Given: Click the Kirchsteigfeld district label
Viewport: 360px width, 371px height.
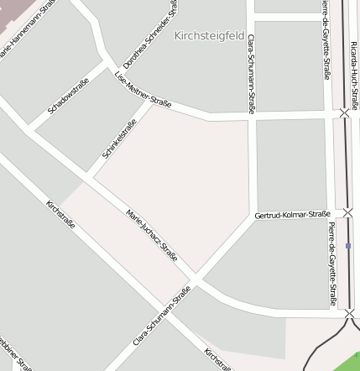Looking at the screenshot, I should (210, 36).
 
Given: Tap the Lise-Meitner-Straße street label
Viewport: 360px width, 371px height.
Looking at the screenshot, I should (143, 90).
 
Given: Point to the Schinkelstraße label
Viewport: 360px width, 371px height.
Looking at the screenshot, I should (119, 139).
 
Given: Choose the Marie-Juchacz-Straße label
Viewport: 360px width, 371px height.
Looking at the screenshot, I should (152, 235).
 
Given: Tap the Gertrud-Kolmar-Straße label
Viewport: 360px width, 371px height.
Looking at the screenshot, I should (292, 216).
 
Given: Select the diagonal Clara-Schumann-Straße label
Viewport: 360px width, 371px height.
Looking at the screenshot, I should (162, 316).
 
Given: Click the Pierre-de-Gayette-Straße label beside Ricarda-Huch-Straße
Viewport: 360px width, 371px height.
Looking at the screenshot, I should (326, 39).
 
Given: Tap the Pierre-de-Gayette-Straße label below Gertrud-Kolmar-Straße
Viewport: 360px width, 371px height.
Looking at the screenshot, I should (333, 264).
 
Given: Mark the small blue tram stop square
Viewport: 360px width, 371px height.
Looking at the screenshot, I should (348, 246).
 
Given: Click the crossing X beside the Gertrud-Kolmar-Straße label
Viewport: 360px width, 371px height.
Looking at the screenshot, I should (347, 213).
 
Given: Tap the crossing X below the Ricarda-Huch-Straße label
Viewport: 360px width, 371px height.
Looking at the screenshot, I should (344, 112).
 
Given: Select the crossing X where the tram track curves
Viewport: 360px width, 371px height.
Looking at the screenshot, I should (349, 313).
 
